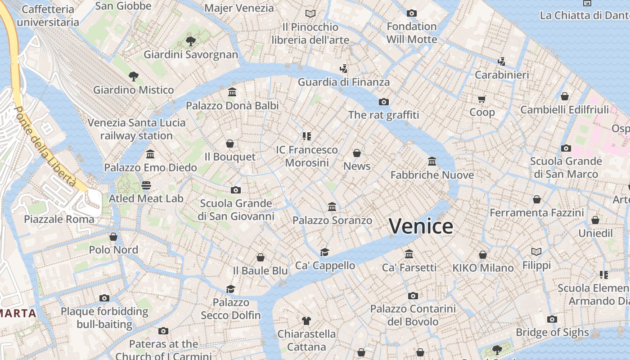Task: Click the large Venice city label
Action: (421, 226)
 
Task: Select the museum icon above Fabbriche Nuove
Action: (432, 161)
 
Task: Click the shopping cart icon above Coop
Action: (482, 99)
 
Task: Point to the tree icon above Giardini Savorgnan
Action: (190, 41)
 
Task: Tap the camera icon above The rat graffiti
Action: (383, 102)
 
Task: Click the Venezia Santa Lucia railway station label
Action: (136, 129)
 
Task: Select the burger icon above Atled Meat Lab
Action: (146, 185)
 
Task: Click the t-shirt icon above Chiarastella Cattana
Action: (306, 321)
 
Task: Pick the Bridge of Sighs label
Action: (552, 333)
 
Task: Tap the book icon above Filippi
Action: (536, 252)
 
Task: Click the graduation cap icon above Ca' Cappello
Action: (324, 252)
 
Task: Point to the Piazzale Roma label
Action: (59, 219)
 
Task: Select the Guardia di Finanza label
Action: (344, 82)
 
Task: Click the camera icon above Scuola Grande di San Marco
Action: (566, 148)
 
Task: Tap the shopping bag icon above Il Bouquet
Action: (230, 144)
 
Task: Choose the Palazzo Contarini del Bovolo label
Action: (413, 315)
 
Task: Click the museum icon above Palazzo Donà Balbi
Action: (232, 92)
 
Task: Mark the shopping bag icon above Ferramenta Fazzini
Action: (536, 199)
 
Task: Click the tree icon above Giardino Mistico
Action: (133, 76)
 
